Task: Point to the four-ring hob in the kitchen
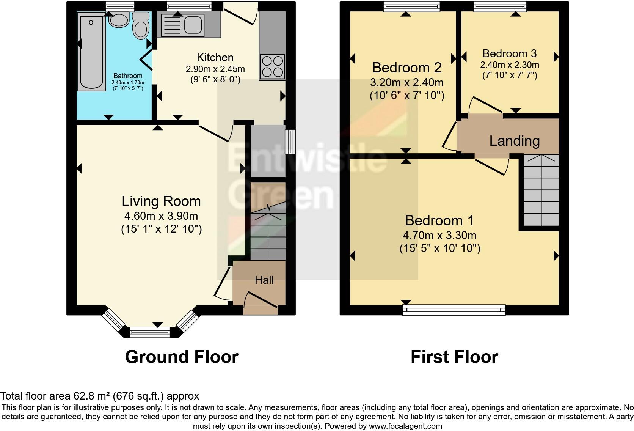point(272,67)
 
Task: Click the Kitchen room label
point(215,58)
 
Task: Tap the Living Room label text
point(161,201)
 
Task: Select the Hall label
point(264,280)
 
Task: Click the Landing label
point(515,141)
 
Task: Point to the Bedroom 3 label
point(510,53)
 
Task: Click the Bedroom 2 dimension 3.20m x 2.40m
point(407,82)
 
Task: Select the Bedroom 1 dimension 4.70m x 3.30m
point(439,235)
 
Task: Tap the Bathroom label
point(128,76)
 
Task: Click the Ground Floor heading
point(182,357)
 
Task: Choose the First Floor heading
point(454,357)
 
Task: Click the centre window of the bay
point(150,332)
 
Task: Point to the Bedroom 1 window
point(454,310)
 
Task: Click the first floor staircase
point(541,190)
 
